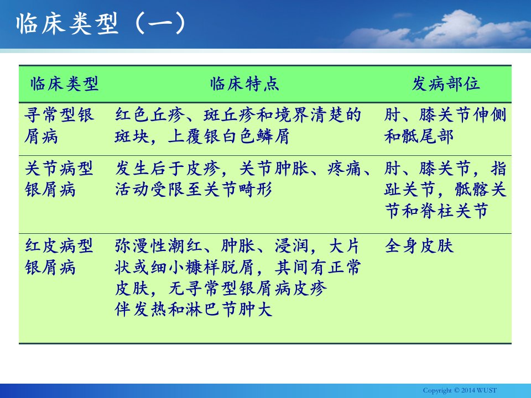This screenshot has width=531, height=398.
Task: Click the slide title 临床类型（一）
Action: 101,23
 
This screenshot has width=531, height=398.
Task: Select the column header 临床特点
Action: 244,83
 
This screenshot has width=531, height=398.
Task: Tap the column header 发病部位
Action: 445,83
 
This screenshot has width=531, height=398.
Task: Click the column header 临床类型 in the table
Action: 64,83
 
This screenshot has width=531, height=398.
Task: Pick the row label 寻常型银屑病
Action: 59,125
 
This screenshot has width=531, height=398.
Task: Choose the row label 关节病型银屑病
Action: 59,179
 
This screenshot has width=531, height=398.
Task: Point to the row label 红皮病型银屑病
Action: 59,256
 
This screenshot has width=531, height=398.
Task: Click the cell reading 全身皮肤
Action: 419,245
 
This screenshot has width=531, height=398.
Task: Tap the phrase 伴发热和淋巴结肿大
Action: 194,310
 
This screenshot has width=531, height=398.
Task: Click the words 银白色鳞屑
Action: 247,137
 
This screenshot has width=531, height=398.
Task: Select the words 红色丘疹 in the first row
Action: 149,115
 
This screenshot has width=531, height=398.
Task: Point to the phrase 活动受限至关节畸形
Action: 194,190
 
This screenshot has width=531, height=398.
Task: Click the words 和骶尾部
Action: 419,137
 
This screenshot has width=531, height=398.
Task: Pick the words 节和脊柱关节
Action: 436,211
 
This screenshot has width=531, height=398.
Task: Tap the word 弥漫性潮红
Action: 158,245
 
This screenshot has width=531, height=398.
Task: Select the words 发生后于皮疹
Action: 167,168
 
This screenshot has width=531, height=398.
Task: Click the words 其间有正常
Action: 317,267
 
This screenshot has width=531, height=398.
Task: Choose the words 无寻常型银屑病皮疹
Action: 248,289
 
